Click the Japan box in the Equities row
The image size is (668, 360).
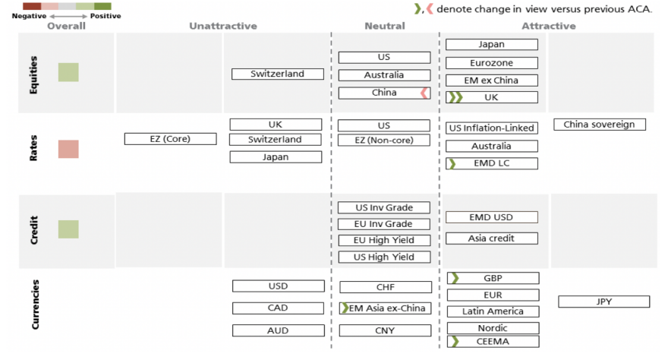pyautogui.click(x=491, y=45)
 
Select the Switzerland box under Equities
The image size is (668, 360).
pyautogui.click(x=277, y=74)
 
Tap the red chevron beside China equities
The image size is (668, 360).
pyautogui.click(x=424, y=93)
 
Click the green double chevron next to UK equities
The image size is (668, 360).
pyautogui.click(x=455, y=97)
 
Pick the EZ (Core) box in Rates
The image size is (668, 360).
pyautogui.click(x=170, y=139)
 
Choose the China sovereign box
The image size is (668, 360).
pyautogui.click(x=599, y=125)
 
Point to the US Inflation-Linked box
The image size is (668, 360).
pyautogui.click(x=491, y=128)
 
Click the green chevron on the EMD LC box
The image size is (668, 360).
pyautogui.click(x=452, y=163)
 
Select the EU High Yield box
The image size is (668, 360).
pyautogui.click(x=385, y=240)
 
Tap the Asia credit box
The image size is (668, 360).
pyautogui.click(x=491, y=238)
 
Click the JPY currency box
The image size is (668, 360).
pyautogui.click(x=603, y=302)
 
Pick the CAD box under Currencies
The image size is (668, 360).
pyautogui.click(x=277, y=308)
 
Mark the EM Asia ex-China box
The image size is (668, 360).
pyautogui.click(x=385, y=308)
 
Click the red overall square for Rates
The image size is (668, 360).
pyautogui.click(x=68, y=149)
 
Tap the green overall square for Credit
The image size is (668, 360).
pyautogui.click(x=68, y=229)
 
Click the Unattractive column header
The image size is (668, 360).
pyautogui.click(x=223, y=26)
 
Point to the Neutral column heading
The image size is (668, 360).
pyautogui.click(x=385, y=26)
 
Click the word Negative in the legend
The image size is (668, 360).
pyautogui.click(x=28, y=15)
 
